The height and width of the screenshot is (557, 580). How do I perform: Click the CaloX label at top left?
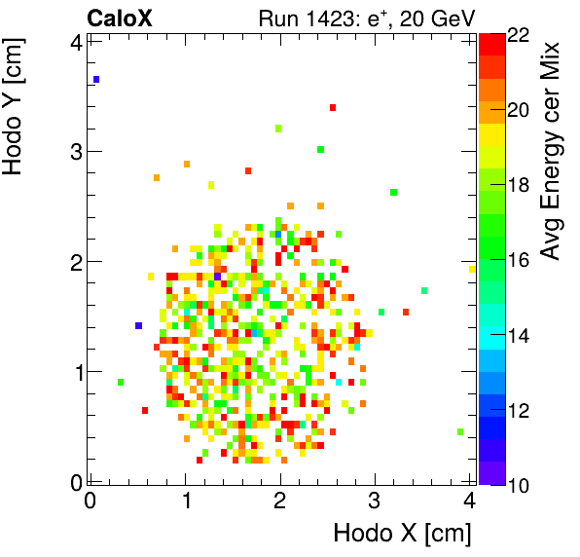[118, 18]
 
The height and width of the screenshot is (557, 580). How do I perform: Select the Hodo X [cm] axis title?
[402, 534]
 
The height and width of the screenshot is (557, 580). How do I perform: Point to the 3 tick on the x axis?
[375, 501]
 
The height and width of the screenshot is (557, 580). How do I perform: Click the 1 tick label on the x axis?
[185, 501]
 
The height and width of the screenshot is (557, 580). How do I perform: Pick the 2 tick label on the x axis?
[280, 501]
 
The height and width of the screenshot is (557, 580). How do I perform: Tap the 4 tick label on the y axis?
[75, 41]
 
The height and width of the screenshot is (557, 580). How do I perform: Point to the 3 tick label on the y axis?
[75, 151]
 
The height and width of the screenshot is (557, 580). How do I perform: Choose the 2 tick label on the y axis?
[75, 261]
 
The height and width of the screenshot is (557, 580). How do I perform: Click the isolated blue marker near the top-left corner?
[96, 79]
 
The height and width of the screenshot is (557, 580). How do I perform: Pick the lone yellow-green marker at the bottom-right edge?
[460, 431]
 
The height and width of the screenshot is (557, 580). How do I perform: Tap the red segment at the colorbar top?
[491, 43]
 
